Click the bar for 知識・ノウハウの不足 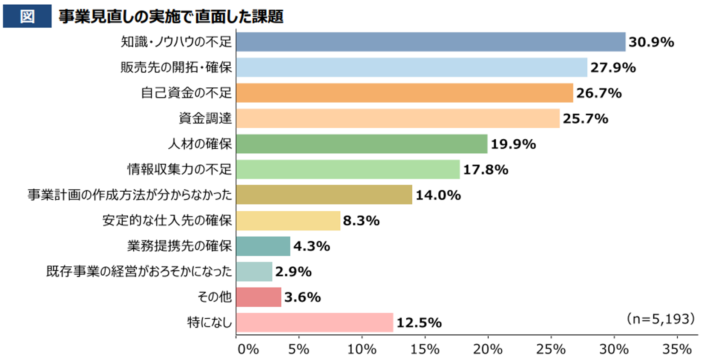(430, 42)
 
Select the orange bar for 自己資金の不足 (405, 93)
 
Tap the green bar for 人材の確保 (362, 144)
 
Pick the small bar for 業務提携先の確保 (263, 246)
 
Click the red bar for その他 (259, 297)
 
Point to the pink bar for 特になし (314, 323)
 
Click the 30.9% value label (651, 42)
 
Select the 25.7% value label (585, 118)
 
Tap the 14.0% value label (438, 195)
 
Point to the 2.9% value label (293, 271)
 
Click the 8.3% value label (361, 221)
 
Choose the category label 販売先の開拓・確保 (176, 67)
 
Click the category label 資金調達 (205, 118)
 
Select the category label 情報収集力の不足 (179, 169)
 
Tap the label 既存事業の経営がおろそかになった (139, 271)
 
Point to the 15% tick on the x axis (425, 349)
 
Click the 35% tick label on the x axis (677, 349)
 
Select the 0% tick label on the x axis (248, 349)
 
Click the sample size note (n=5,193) (660, 319)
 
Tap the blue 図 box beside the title (27, 16)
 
